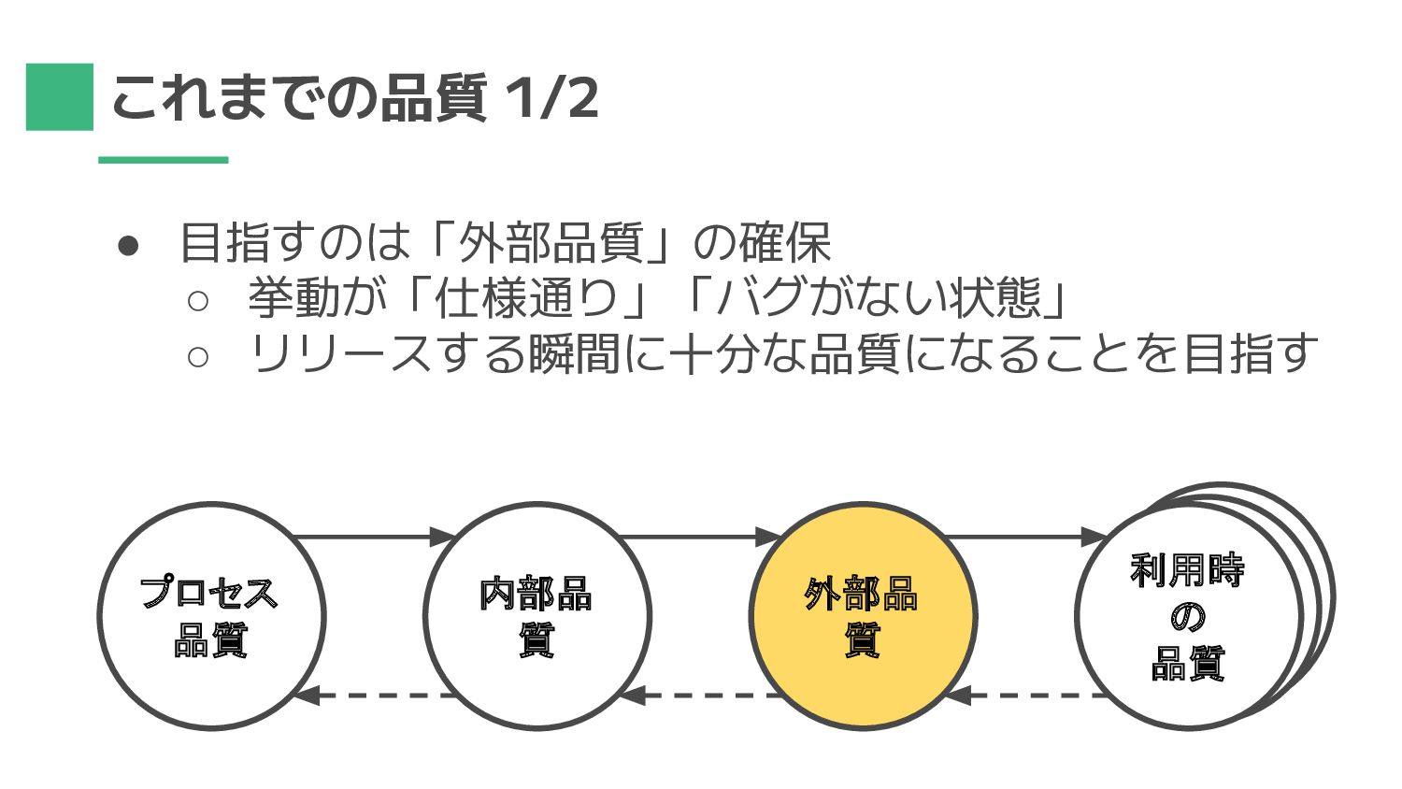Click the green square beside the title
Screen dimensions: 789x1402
click(x=60, y=96)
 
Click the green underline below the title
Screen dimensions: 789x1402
click(x=164, y=160)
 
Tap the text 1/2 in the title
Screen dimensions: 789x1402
click(x=551, y=97)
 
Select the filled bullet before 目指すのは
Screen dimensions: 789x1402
click(x=128, y=245)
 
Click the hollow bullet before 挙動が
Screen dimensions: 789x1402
click(x=197, y=300)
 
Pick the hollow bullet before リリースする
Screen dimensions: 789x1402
click(x=197, y=356)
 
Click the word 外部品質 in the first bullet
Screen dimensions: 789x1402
click(x=551, y=243)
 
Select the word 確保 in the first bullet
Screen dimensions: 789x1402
click(x=785, y=243)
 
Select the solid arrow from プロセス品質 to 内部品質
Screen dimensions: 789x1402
click(x=374, y=537)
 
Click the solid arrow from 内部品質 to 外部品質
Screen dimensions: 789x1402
click(x=699, y=537)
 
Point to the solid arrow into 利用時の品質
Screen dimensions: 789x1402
click(x=1024, y=537)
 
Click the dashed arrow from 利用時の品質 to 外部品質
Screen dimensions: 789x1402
click(x=1026, y=696)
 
